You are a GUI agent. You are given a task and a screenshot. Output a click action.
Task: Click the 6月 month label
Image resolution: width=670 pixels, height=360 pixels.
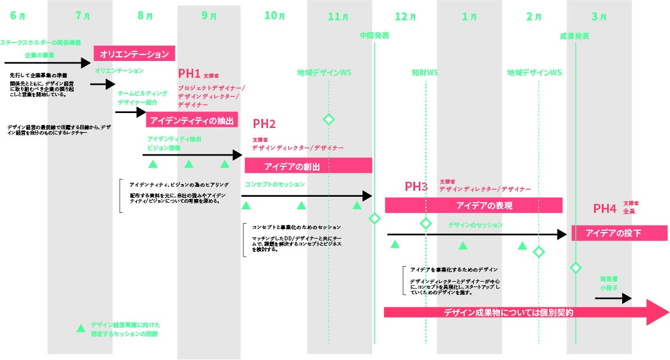point(18,16)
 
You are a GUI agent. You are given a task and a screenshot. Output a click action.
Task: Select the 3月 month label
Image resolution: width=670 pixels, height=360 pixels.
point(599,16)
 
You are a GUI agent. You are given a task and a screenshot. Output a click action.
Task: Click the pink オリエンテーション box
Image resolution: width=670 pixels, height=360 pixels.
point(134,54)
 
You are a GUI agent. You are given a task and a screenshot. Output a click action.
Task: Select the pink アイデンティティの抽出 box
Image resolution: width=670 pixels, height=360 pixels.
point(191,120)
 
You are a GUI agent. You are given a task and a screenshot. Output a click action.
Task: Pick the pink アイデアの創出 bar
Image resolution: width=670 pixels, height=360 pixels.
point(308,166)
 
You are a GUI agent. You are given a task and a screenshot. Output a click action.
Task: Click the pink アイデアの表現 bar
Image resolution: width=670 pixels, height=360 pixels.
point(473,205)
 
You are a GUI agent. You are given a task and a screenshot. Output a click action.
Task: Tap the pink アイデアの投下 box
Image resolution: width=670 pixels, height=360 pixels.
point(619,233)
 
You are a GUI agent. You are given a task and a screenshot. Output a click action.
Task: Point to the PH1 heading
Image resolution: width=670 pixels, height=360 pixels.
point(189,74)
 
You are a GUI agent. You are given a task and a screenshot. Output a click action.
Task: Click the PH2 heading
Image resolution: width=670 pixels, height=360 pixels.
point(264,124)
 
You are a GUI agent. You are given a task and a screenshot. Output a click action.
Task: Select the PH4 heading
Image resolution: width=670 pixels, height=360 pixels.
point(604,208)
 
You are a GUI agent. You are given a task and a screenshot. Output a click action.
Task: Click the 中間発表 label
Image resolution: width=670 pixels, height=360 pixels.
point(374,36)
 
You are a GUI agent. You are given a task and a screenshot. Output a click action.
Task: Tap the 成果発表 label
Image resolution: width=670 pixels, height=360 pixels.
point(574,36)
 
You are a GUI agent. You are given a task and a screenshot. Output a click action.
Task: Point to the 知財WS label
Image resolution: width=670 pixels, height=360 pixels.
point(425,72)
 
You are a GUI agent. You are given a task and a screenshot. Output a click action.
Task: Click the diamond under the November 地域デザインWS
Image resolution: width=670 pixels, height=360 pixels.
point(328,119)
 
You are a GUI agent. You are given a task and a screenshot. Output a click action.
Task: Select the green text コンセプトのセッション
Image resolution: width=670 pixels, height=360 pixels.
point(275,184)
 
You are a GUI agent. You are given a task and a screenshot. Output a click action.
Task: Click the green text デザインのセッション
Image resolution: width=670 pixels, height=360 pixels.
point(476,225)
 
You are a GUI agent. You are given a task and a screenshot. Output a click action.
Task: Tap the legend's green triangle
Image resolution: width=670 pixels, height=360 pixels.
point(81,328)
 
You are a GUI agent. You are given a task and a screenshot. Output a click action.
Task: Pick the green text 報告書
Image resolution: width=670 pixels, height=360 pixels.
point(609,278)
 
